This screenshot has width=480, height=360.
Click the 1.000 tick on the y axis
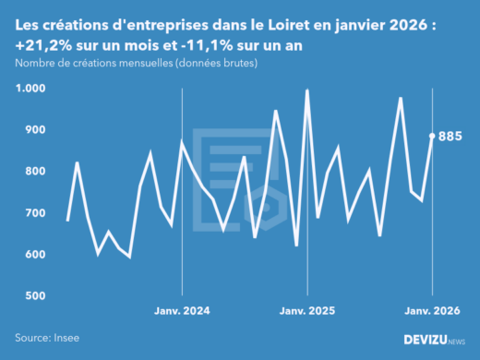point(30,89)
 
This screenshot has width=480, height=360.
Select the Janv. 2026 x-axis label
point(432,312)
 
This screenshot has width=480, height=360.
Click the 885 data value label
point(450,137)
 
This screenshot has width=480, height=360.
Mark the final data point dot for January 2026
point(432,136)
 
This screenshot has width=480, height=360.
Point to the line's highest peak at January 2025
point(307,90)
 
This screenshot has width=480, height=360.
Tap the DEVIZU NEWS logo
point(435,340)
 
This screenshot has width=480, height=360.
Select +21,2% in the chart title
point(42,44)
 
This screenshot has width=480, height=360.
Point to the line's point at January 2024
point(182,142)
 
